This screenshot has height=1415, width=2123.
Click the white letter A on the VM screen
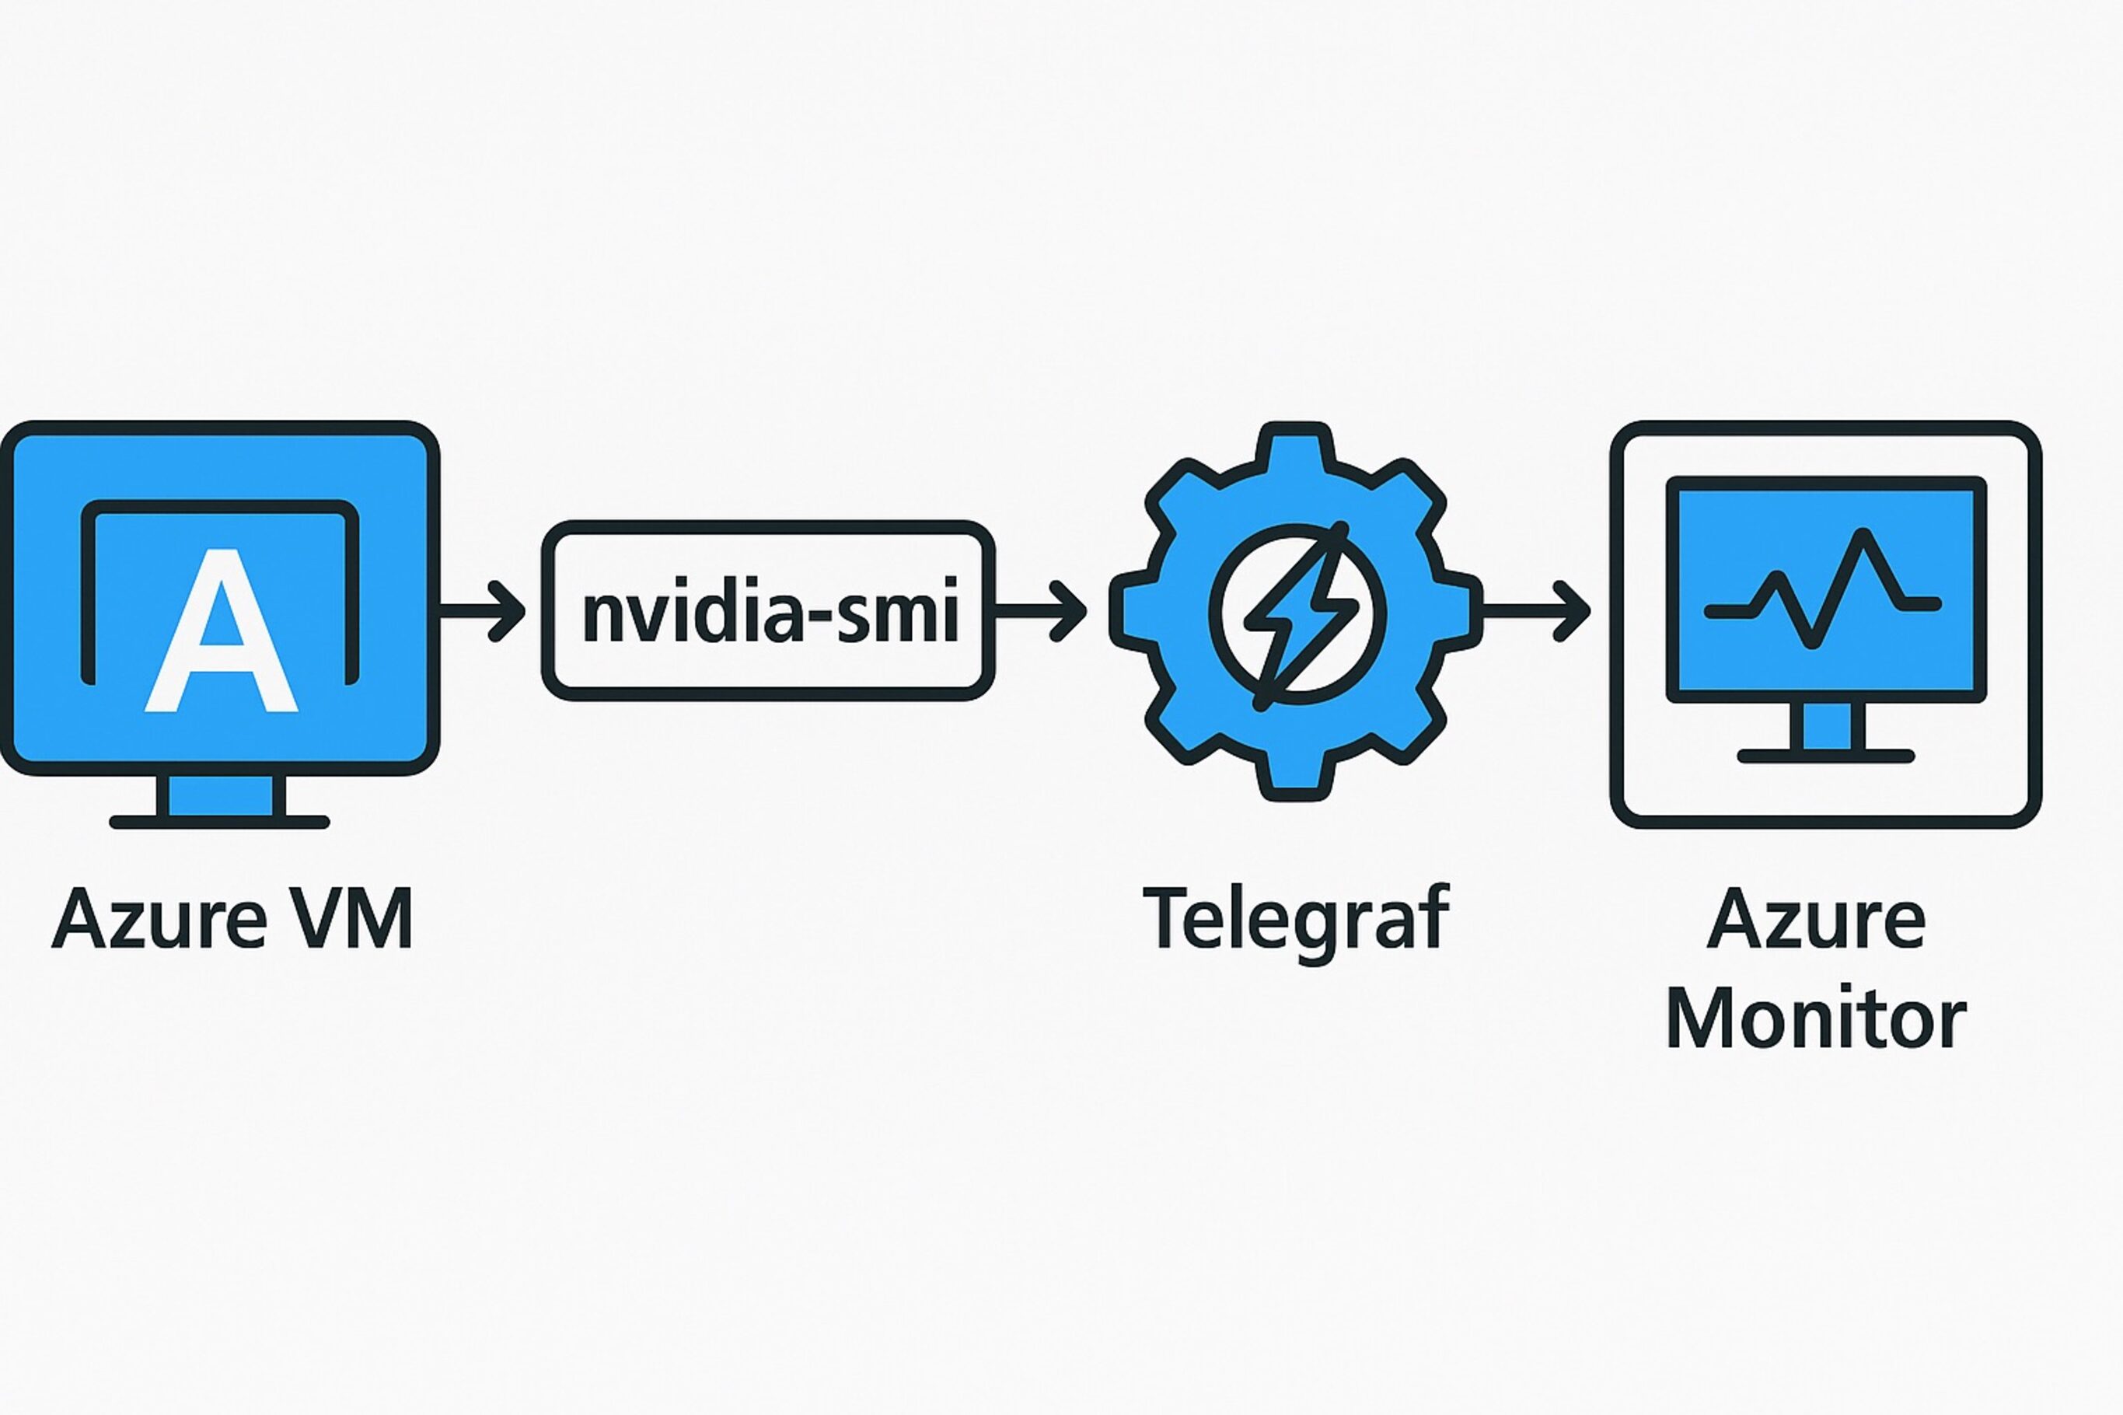[x=221, y=631]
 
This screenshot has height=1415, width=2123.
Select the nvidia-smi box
[x=767, y=611]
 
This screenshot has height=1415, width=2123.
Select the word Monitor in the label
[x=1815, y=1018]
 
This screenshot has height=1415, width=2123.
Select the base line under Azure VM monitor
[x=220, y=822]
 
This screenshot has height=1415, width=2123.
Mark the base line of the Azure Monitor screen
[x=1826, y=756]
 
